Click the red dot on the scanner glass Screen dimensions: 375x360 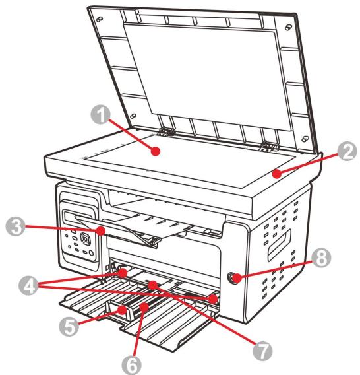pyautogui.click(x=156, y=151)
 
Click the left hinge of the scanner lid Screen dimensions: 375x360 pyautogui.click(x=165, y=131)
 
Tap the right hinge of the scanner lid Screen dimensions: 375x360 pyautogui.click(x=267, y=143)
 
